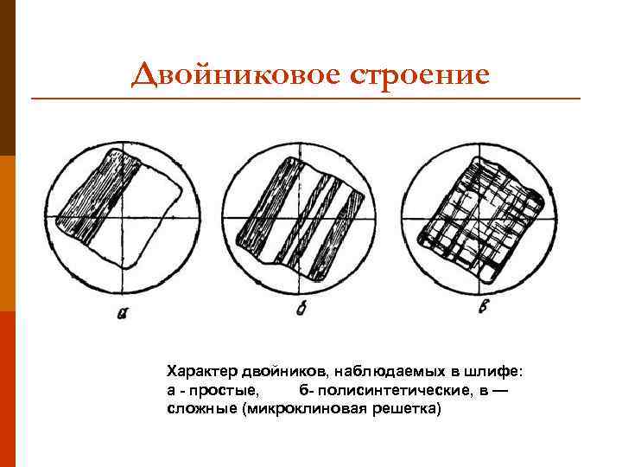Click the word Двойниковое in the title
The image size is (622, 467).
coord(235,75)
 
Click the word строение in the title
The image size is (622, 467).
coord(421,75)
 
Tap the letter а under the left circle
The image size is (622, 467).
coord(122,314)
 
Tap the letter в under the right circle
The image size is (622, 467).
coord(480,308)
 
